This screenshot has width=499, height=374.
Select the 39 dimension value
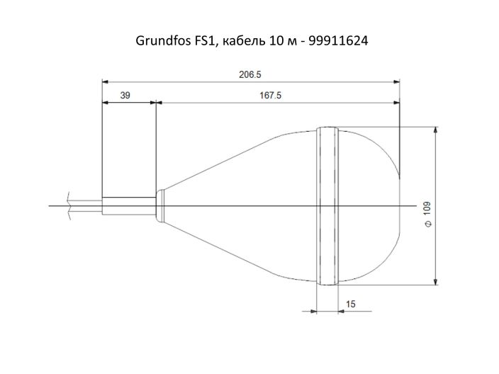125,96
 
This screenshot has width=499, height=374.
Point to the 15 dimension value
350,304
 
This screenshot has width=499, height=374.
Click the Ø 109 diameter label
426,212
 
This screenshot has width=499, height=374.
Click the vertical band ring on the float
328,205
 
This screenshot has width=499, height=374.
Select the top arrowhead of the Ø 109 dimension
434,130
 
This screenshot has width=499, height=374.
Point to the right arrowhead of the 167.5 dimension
396,103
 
